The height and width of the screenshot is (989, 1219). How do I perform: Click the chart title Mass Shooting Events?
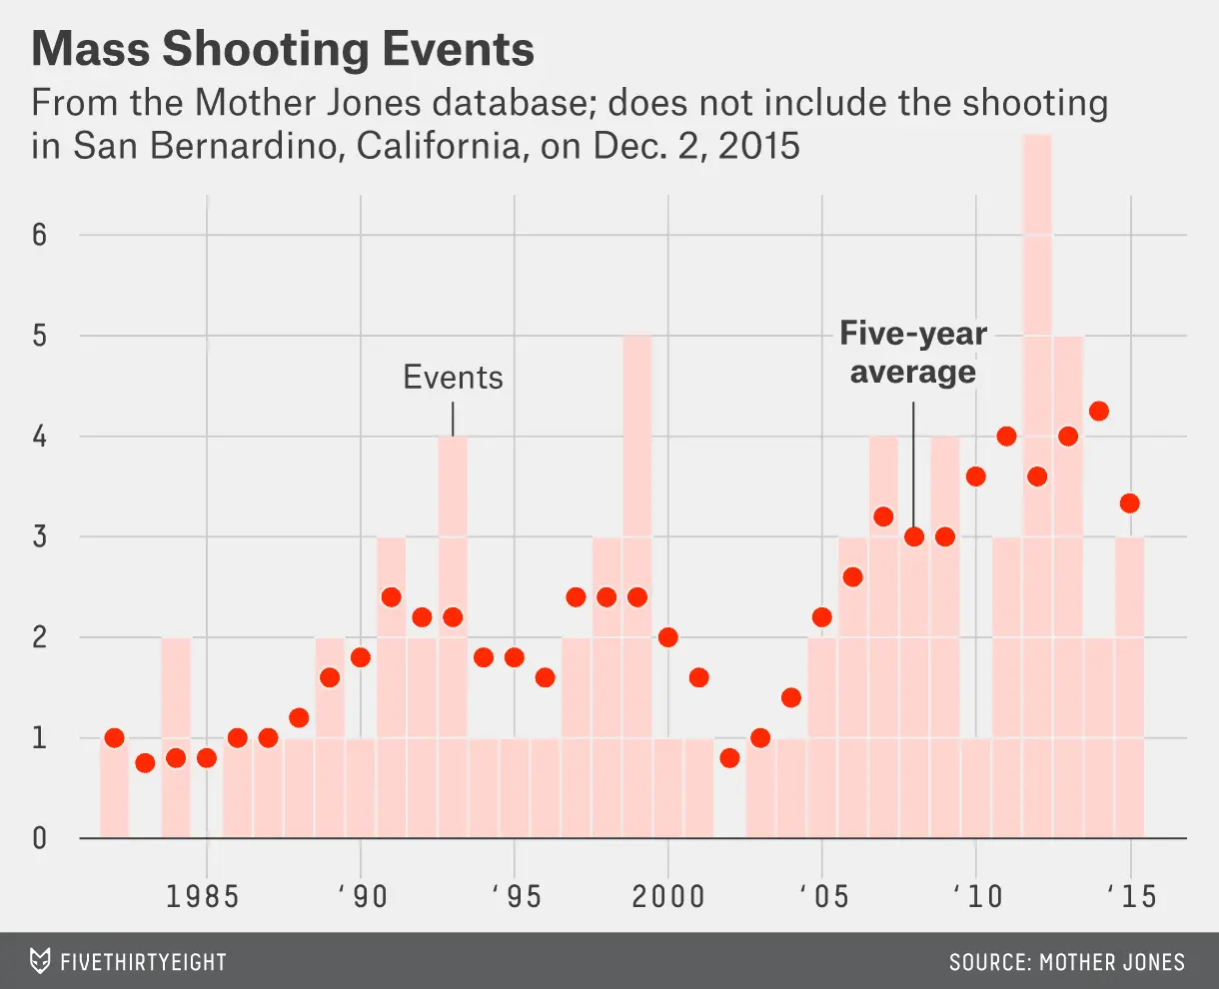click(x=283, y=50)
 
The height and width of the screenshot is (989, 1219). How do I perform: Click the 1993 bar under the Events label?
click(x=453, y=639)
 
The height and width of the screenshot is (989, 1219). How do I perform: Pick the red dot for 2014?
click(x=1099, y=411)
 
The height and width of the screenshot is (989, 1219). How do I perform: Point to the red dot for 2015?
click(x=1130, y=502)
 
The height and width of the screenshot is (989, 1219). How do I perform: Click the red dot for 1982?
click(x=114, y=738)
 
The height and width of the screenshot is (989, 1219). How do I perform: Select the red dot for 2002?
click(x=729, y=758)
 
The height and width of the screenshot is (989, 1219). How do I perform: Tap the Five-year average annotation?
click(x=912, y=353)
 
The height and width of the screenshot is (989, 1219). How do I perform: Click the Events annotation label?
click(x=453, y=378)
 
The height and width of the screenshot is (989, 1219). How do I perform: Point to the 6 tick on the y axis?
click(x=39, y=236)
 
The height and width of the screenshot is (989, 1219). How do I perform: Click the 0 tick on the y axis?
click(x=39, y=838)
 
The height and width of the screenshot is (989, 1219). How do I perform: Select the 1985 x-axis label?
click(x=203, y=896)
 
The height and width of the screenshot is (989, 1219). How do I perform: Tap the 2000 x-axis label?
click(x=667, y=896)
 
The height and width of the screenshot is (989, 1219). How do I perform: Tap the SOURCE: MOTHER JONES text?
click(x=1066, y=962)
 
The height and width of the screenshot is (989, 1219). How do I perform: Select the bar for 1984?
click(x=176, y=739)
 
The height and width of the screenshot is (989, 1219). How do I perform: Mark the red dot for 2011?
click(x=1006, y=437)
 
